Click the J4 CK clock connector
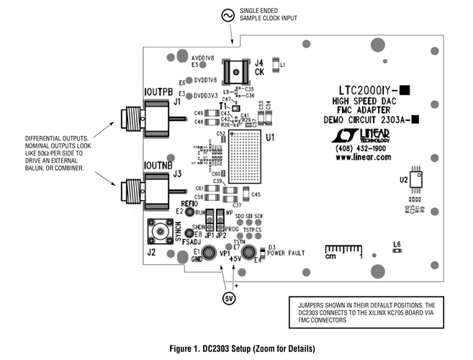click(235, 71)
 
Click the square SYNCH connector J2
click(158, 232)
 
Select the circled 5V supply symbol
click(228, 297)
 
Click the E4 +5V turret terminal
click(249, 253)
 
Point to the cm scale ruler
click(341, 251)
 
